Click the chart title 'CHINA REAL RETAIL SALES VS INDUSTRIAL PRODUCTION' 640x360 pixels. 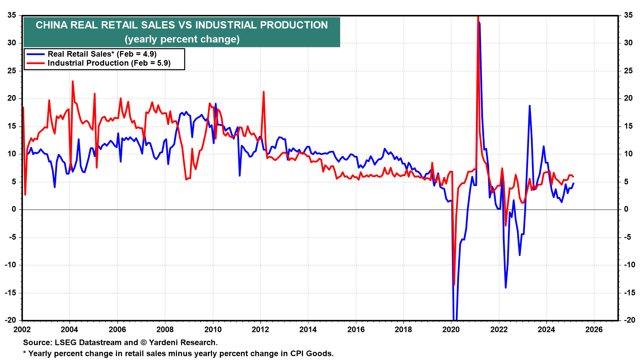(x=182, y=25)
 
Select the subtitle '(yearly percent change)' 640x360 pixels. (x=182, y=39)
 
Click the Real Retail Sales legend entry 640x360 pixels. (x=102, y=54)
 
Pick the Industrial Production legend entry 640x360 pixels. (x=109, y=63)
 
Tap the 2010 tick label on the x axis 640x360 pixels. (x=213, y=330)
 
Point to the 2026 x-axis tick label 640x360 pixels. (x=594, y=330)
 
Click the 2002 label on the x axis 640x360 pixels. (x=22, y=330)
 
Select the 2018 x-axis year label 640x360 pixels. (x=403, y=330)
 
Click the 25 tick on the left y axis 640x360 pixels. (x=12, y=71)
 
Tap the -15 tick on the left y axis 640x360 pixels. (x=11, y=293)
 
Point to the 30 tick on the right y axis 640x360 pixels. (x=628, y=43)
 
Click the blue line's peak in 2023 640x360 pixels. (x=529, y=106)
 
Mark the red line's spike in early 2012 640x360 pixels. (x=264, y=92)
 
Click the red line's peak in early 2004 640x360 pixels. (x=73, y=81)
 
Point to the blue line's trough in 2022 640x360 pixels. (x=506, y=287)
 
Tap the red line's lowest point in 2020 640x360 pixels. (x=454, y=285)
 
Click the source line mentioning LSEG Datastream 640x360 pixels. (x=120, y=342)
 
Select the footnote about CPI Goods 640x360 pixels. (x=178, y=353)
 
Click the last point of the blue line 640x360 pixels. (x=573, y=183)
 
